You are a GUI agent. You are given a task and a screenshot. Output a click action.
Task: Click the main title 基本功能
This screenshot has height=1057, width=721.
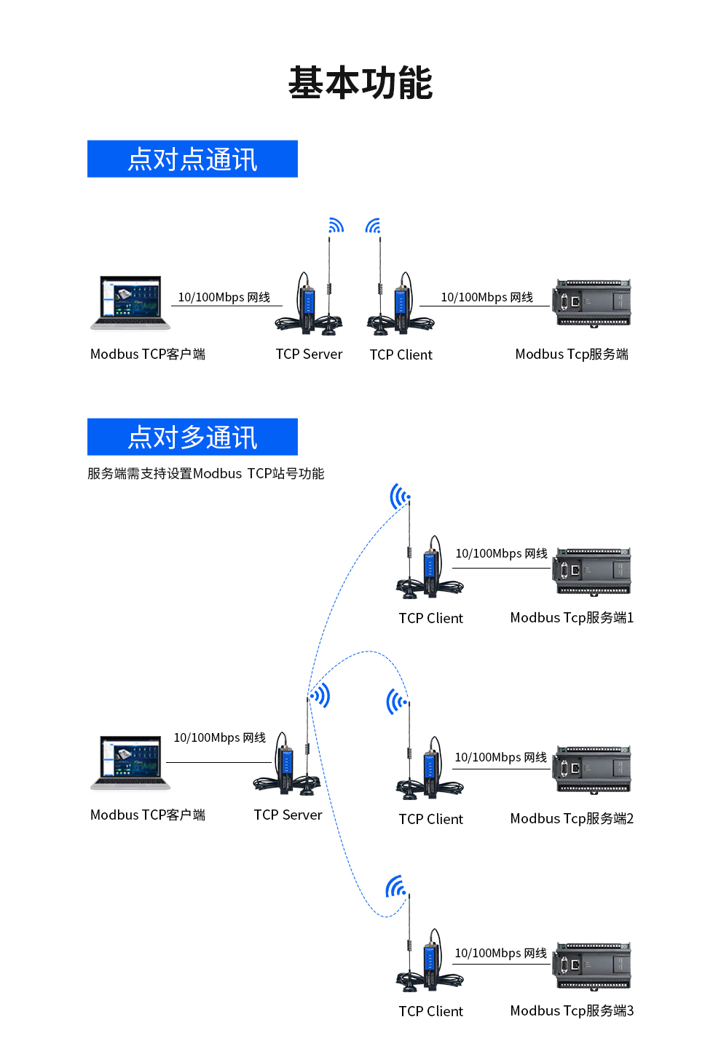click(360, 83)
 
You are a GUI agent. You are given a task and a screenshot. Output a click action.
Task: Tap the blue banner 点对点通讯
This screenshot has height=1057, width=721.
click(192, 159)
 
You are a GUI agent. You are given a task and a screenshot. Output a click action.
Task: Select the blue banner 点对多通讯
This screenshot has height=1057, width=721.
click(192, 437)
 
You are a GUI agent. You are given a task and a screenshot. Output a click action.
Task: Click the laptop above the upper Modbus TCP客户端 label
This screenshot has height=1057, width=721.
click(130, 303)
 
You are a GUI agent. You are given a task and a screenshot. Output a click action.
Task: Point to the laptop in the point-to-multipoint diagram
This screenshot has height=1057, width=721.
click(130, 762)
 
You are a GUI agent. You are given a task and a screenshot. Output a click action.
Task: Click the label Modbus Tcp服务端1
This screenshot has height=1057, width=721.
click(572, 618)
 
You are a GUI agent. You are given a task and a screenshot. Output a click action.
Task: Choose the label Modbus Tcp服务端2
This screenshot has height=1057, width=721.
click(572, 819)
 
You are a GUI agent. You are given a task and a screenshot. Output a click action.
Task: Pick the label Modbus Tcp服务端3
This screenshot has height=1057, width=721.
click(572, 1011)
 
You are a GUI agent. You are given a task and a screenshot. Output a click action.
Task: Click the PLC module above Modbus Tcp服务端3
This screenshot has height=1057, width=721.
click(592, 966)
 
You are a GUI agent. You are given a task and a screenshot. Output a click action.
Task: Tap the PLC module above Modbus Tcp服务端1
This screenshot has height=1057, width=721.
click(592, 571)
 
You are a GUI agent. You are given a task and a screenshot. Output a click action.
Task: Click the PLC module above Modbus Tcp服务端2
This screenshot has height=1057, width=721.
click(592, 769)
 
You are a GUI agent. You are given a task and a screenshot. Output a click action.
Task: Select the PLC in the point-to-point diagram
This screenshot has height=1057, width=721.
click(592, 302)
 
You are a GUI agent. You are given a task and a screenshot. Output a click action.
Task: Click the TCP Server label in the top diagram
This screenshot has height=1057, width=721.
click(309, 355)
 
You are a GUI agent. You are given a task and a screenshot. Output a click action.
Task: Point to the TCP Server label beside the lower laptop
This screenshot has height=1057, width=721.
click(288, 815)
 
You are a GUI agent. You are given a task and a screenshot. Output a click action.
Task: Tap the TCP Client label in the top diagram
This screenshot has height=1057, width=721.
click(401, 355)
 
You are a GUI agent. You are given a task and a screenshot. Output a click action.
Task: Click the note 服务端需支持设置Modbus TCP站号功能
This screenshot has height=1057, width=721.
click(205, 474)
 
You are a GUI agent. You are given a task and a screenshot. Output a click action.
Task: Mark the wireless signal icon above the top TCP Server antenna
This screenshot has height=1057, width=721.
click(335, 226)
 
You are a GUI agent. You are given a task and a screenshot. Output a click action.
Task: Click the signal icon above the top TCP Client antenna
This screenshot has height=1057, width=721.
click(374, 226)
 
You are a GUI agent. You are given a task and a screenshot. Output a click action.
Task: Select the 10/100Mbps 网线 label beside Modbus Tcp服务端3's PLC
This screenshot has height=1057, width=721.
click(500, 954)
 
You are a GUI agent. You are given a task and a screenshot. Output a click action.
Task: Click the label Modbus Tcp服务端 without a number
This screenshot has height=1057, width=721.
click(572, 355)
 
